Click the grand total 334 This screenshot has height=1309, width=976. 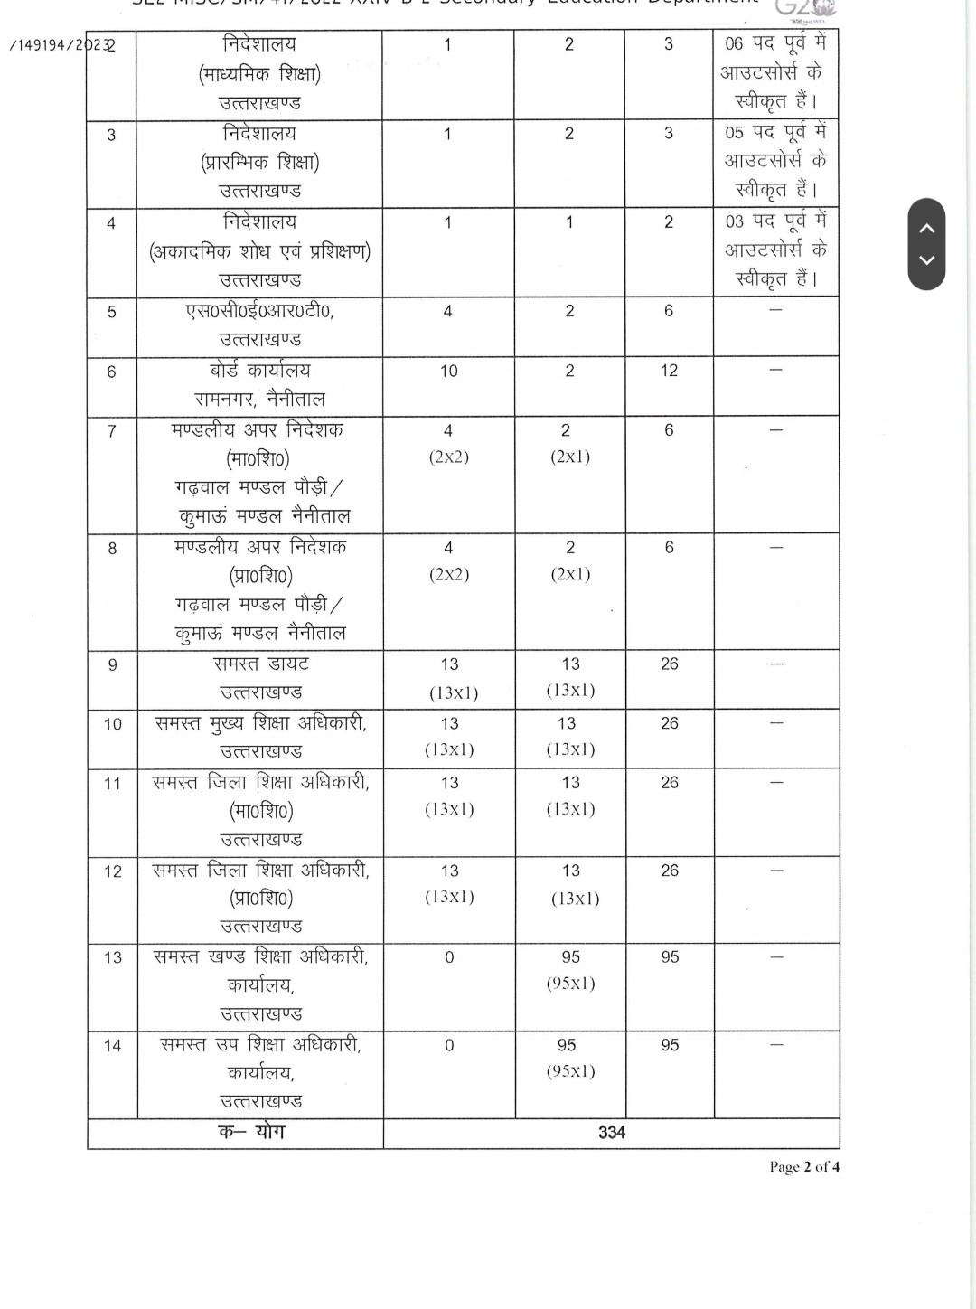612,1133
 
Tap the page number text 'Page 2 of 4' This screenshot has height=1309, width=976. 803,1167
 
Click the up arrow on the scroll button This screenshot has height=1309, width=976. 926,228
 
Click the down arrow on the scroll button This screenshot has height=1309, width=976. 926,260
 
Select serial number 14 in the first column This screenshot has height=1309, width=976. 112,1046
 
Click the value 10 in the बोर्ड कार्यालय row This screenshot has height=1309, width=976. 448,372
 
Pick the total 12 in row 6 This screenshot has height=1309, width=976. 669,371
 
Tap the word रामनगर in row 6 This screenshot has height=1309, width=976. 224,400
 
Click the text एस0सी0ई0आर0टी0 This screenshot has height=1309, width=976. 259,311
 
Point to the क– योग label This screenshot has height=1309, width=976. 251,1132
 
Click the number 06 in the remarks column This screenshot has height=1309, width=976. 734,44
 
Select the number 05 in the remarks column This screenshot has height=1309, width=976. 734,133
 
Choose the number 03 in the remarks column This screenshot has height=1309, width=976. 734,221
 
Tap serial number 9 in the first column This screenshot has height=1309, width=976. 112,665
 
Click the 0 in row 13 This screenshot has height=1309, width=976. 449,957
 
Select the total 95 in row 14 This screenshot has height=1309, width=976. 670,1045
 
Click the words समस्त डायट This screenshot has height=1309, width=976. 261,664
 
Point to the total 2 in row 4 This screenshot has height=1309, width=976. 669,222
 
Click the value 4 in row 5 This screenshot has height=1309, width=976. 447,311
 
